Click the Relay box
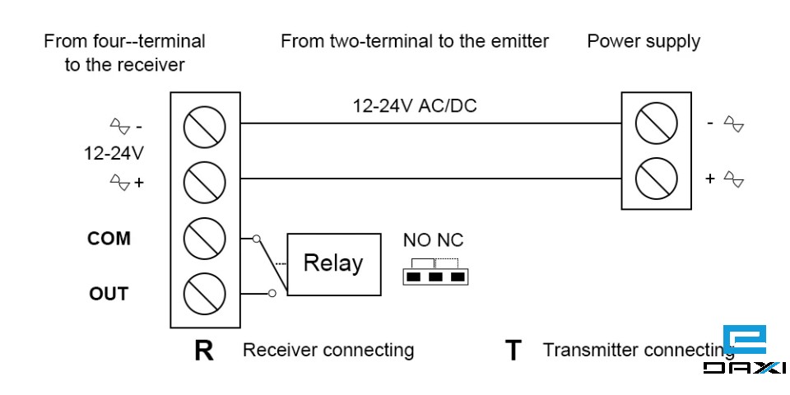point(333,264)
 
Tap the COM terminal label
point(109,239)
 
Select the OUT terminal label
point(109,294)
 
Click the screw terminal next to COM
point(204,238)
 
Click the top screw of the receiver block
point(204,125)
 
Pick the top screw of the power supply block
point(657,123)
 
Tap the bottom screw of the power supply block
point(657,178)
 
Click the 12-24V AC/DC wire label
point(415,106)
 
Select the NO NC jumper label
point(433,240)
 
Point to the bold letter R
point(203,351)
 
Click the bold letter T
point(513,351)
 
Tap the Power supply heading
point(643,41)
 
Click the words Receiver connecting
point(328,350)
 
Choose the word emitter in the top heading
point(519,41)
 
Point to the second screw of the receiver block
point(204,181)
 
